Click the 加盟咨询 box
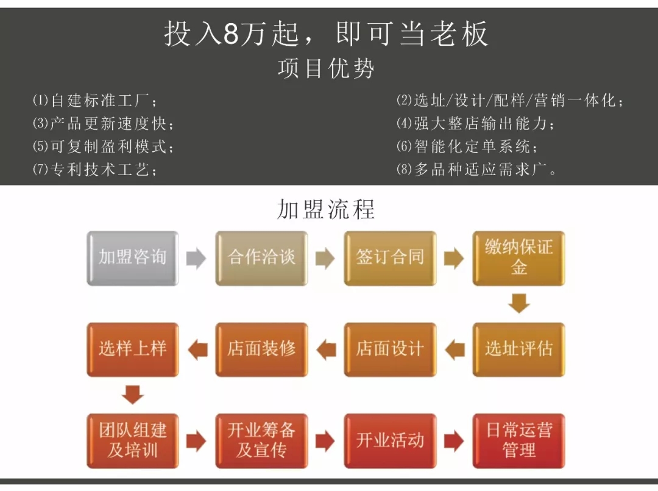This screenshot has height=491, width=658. coord(133,258)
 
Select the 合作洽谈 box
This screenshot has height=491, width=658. coord(261,258)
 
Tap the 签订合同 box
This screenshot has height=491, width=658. coord(390,258)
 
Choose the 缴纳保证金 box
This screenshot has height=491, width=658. coord(518,258)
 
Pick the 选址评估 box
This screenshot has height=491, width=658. coord(518,349)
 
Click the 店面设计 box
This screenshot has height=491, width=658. coord(390,349)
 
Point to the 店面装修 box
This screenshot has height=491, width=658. coord(261,349)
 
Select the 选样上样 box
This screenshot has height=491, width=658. coord(133,349)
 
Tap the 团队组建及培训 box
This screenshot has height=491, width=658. coord(133,441)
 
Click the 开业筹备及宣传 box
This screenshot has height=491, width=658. coord(261,441)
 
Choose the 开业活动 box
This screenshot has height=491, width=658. coord(390,441)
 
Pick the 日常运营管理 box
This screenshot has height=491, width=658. coord(518,441)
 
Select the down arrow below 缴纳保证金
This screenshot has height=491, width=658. coord(519,304)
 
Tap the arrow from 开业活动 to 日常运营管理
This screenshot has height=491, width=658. coord(454,441)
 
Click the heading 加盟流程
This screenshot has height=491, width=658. coord(326,209)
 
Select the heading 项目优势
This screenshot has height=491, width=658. coord(326,68)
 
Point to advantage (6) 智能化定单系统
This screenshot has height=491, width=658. coord(467,147)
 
